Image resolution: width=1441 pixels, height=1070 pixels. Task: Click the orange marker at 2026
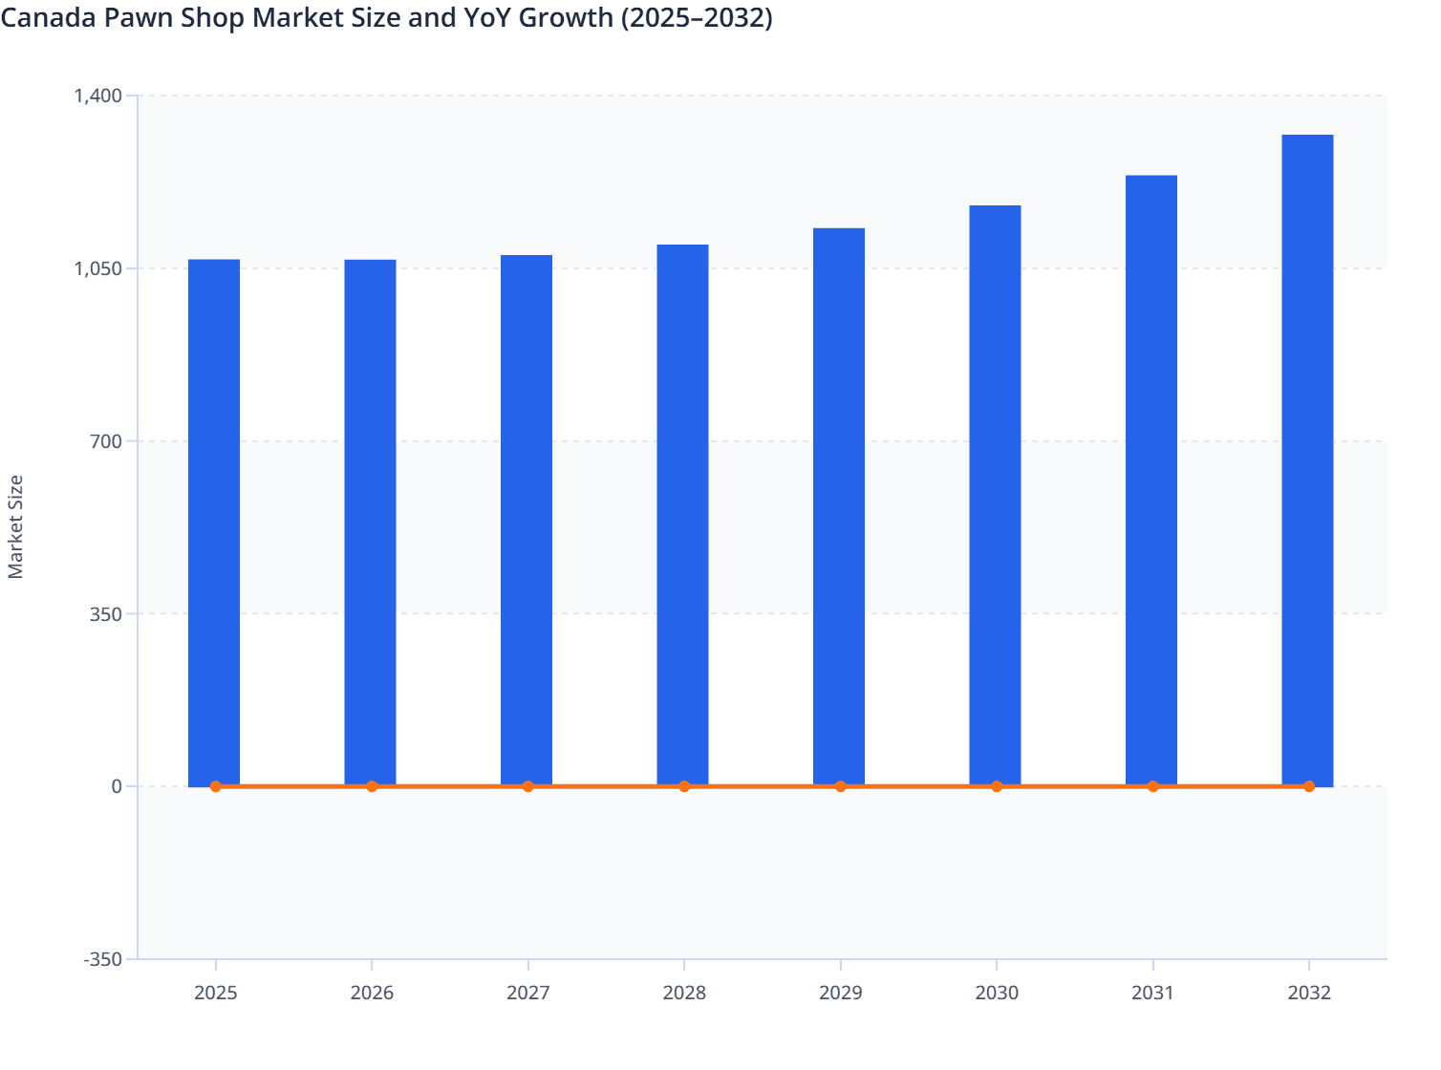coord(372,786)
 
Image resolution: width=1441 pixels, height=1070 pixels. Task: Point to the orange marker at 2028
coord(684,786)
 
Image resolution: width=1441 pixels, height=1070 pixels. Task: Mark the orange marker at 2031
coord(1152,786)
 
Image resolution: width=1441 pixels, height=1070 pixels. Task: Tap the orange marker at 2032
coord(1309,786)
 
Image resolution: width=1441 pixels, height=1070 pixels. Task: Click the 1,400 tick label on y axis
coord(98,96)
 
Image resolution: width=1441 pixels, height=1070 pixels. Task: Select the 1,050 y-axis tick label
coord(98,268)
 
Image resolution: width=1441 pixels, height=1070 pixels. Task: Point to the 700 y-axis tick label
coord(106,441)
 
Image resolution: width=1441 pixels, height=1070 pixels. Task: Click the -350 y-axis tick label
coord(102,959)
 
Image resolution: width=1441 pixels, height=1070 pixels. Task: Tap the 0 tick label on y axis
coord(117,786)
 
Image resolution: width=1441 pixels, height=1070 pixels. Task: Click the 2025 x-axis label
coord(216,993)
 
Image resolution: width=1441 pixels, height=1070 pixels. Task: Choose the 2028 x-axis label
coord(684,993)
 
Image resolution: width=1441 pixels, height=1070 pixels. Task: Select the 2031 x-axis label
coord(1152,993)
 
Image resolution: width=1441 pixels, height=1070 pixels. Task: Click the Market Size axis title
coord(16,526)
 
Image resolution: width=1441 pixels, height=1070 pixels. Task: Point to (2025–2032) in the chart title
coord(697,17)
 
